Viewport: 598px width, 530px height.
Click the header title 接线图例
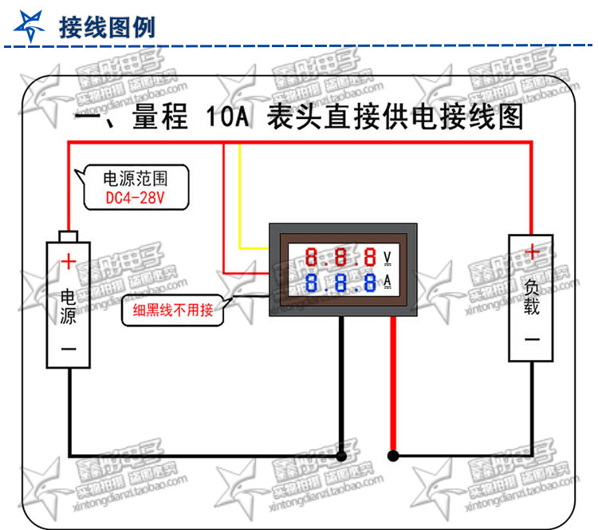tap(107, 27)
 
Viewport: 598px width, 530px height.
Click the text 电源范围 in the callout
tap(136, 177)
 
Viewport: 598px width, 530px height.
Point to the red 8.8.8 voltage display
tap(341, 257)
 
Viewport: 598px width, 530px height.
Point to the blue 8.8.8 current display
tap(341, 283)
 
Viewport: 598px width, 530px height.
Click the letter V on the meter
tap(388, 257)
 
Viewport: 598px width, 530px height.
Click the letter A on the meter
tap(388, 282)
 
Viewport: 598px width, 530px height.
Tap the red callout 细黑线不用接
tap(173, 310)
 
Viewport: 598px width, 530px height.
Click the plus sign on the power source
tap(69, 260)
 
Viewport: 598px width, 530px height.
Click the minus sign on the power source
tap(69, 349)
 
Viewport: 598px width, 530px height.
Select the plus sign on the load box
tap(532, 253)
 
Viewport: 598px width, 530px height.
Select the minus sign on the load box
tap(532, 338)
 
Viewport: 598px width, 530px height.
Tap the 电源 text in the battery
tap(69, 306)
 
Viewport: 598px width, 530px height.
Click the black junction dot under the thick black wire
tap(341, 457)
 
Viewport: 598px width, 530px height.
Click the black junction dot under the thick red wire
tap(392, 457)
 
